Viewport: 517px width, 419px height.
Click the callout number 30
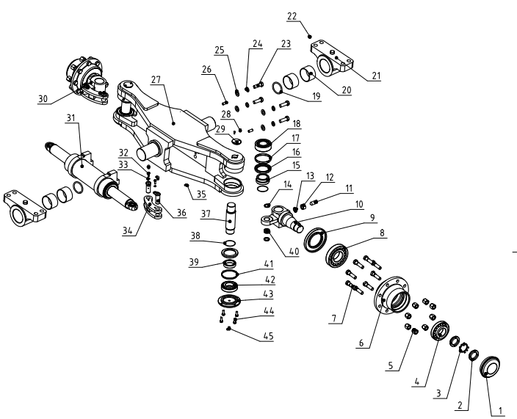point(43,97)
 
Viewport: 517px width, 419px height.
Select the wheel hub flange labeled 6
point(393,297)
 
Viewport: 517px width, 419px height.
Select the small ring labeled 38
point(229,244)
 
